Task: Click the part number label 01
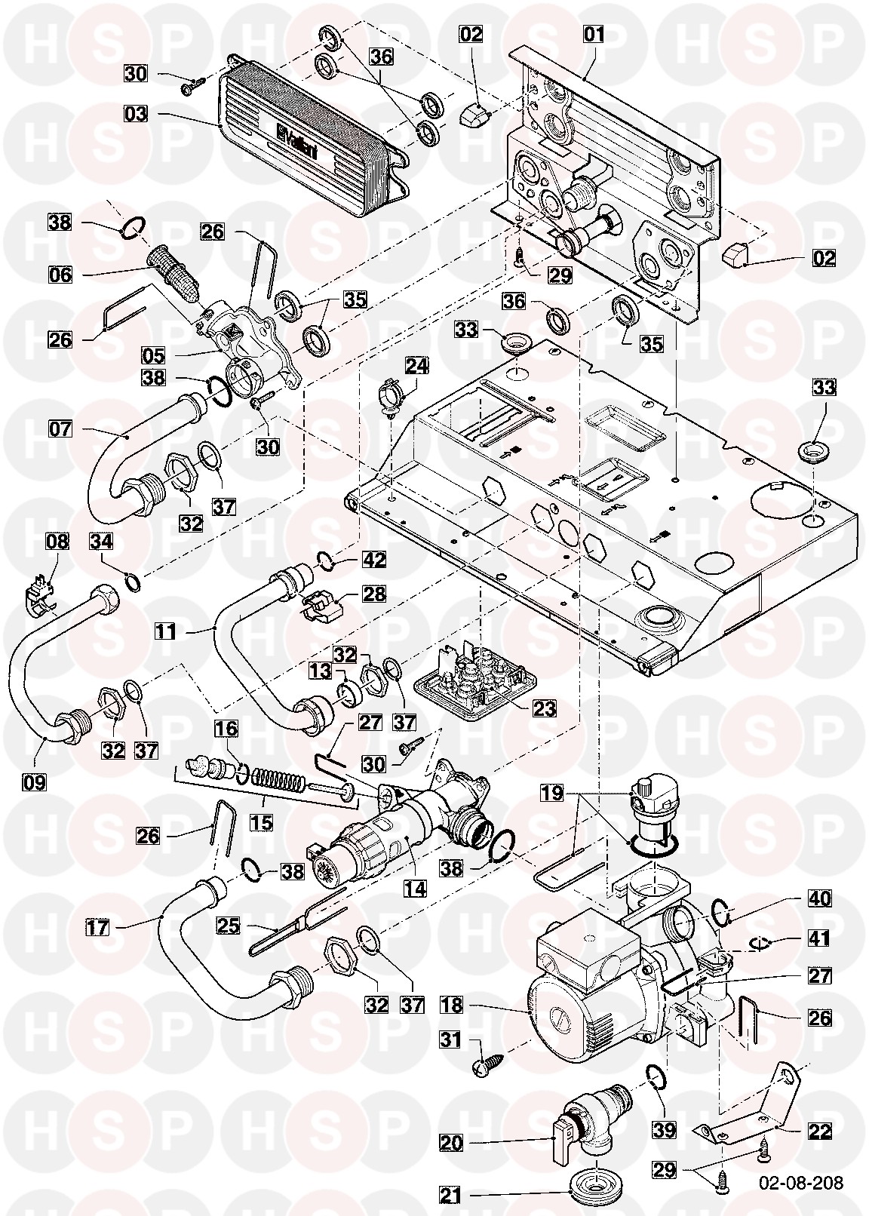(x=594, y=35)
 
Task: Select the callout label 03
(x=137, y=115)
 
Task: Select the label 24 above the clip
(x=416, y=366)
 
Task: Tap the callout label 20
(x=451, y=1144)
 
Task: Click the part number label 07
(x=61, y=430)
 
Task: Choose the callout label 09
(x=35, y=781)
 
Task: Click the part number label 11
(x=166, y=631)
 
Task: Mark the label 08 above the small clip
(x=57, y=542)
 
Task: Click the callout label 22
(x=819, y=1132)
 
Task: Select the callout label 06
(x=61, y=275)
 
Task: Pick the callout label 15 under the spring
(x=263, y=821)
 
